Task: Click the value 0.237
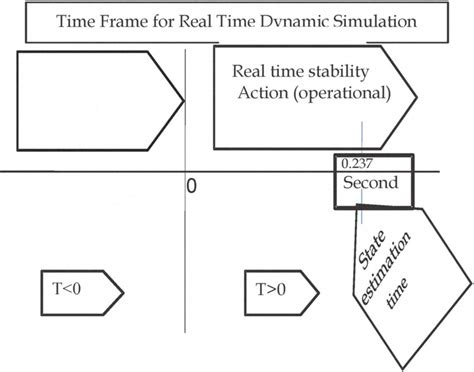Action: [354, 163]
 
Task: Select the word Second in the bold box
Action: [369, 183]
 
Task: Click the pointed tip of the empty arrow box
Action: [183, 98]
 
